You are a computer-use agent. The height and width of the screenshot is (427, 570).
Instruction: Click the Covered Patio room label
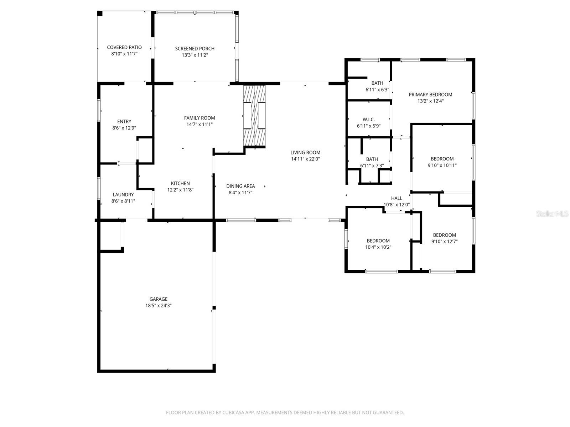(x=124, y=47)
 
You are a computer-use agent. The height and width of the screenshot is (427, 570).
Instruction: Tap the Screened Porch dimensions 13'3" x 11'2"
(x=195, y=55)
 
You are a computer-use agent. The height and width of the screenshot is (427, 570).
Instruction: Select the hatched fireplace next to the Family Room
(x=254, y=116)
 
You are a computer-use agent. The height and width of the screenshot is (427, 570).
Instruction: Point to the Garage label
(x=159, y=299)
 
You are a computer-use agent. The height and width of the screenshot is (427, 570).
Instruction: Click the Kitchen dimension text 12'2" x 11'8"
(x=180, y=190)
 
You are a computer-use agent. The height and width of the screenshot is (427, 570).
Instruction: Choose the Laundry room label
(x=123, y=195)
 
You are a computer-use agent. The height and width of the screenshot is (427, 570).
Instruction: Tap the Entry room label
(x=124, y=121)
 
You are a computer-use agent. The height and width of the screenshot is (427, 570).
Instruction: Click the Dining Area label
(x=240, y=186)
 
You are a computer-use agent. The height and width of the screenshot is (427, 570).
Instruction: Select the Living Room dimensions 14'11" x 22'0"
(x=305, y=159)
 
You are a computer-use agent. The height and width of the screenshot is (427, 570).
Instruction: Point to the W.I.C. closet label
(x=369, y=120)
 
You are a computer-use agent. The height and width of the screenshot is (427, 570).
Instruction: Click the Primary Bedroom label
(x=430, y=95)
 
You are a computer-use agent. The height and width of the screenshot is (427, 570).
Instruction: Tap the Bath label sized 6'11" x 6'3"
(x=377, y=83)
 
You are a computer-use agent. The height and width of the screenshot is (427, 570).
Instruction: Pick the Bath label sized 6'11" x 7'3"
(x=372, y=159)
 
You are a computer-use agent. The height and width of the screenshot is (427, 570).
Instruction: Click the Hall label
(x=397, y=198)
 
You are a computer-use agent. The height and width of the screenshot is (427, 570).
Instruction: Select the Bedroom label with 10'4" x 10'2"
(x=378, y=241)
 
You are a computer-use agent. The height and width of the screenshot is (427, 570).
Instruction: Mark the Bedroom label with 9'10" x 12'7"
(x=444, y=235)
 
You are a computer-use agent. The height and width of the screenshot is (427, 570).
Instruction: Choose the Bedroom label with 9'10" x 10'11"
(x=442, y=159)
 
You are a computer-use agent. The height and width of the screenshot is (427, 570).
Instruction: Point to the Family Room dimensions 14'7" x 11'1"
(x=199, y=125)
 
